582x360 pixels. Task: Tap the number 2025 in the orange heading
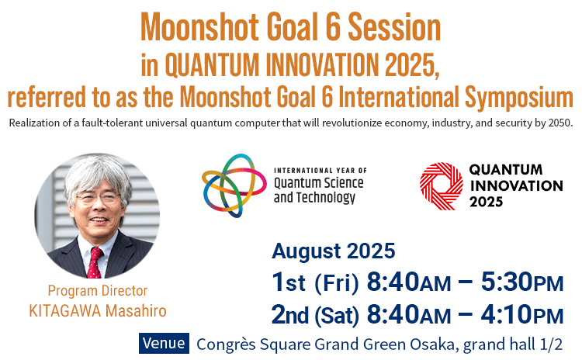click(x=412, y=65)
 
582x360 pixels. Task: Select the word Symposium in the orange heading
click(x=519, y=97)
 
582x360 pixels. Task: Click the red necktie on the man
click(x=95, y=263)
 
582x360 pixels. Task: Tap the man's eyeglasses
click(x=98, y=198)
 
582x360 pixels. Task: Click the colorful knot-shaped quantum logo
click(x=234, y=185)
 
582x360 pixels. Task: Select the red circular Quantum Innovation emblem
click(x=442, y=186)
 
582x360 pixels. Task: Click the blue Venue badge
click(x=164, y=343)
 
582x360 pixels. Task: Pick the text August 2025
click(x=334, y=251)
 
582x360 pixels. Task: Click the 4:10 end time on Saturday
click(x=507, y=314)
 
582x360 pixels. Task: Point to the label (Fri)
click(x=337, y=283)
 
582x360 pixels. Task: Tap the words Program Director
click(x=98, y=291)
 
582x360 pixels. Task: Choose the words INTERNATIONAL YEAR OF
click(x=320, y=171)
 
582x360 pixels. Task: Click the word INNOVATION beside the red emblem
click(x=517, y=185)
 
